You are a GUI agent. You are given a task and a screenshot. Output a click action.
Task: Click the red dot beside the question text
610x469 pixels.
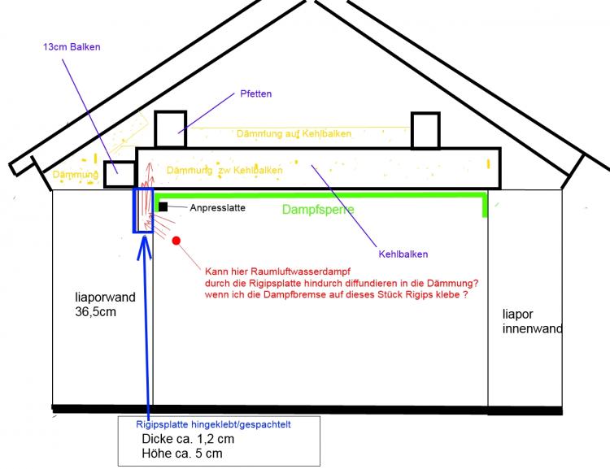[x=176, y=241]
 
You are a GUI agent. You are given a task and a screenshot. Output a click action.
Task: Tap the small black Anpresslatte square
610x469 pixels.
[x=163, y=207]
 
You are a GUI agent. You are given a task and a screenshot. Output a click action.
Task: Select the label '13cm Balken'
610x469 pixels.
[x=72, y=47]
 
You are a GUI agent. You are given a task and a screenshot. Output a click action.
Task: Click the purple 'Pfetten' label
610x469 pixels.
[x=255, y=94]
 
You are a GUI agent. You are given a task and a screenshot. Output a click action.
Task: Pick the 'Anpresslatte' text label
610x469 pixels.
[x=217, y=208]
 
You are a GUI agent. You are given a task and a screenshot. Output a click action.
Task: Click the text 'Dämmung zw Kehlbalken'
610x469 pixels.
[x=224, y=171]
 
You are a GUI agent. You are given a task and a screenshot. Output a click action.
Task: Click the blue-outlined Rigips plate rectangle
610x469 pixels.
[x=142, y=211]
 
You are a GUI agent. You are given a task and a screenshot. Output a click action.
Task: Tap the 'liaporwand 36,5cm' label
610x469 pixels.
[x=98, y=304]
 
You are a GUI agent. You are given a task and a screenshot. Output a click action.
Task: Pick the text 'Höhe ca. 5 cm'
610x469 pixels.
[x=181, y=454]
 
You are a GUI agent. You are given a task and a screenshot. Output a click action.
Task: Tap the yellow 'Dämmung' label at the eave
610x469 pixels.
[x=76, y=174]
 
